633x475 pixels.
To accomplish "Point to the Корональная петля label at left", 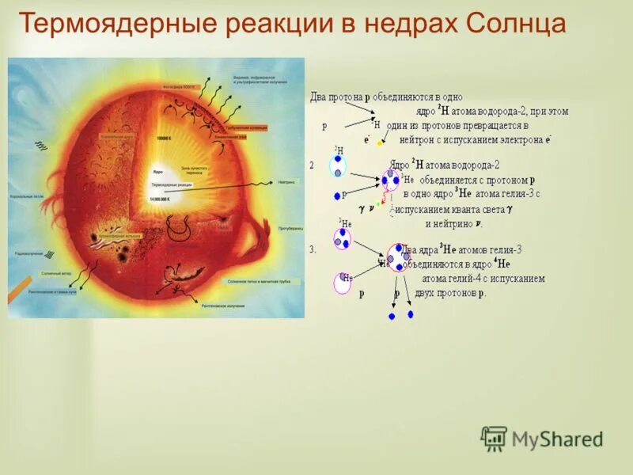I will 26,195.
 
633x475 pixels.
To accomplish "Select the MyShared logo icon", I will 494,439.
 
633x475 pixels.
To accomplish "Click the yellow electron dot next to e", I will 379,143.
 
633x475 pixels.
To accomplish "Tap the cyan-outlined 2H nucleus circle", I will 339,165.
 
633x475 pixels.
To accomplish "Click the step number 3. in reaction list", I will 313,249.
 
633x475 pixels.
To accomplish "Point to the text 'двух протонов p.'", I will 449,292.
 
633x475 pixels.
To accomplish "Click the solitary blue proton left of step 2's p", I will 336,196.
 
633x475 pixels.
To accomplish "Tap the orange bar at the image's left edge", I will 16,292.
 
